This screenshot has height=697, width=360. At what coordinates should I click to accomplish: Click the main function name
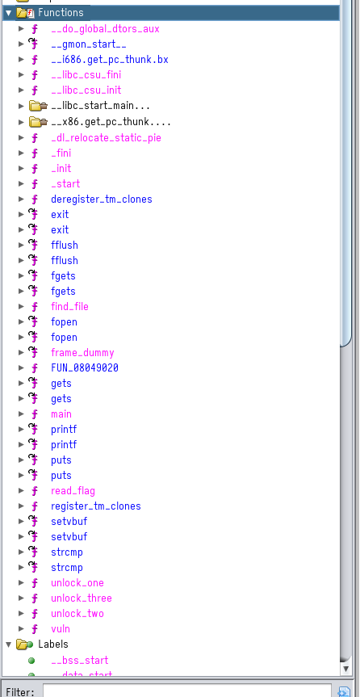click(x=61, y=414)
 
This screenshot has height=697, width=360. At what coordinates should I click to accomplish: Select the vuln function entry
click(x=61, y=628)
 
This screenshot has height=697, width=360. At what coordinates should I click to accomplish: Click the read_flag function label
click(x=73, y=491)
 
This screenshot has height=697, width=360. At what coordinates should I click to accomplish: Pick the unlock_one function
click(x=77, y=583)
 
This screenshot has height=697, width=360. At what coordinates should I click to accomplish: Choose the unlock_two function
click(x=77, y=614)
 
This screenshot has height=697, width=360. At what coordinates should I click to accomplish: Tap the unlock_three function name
click(x=82, y=598)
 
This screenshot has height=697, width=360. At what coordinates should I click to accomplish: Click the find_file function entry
click(x=69, y=306)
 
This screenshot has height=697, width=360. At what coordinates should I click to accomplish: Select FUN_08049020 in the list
click(x=85, y=367)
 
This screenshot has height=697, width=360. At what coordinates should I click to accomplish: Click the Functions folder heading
click(x=61, y=12)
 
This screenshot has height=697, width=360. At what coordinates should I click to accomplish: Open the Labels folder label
click(x=53, y=644)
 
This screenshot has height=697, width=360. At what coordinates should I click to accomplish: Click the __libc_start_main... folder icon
click(x=38, y=106)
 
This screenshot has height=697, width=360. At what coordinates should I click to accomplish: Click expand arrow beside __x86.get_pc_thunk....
click(x=21, y=121)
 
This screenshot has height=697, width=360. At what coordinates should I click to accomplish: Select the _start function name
click(x=65, y=183)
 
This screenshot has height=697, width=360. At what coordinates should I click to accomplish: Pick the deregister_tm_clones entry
click(x=102, y=199)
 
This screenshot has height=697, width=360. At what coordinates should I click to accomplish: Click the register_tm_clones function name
click(x=96, y=506)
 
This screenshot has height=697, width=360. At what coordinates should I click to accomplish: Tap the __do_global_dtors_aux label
click(x=105, y=29)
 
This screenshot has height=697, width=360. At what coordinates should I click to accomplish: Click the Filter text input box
click(x=187, y=691)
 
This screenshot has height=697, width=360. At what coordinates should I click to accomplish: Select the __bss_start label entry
click(x=80, y=660)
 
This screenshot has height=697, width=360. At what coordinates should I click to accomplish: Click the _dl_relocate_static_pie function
click(x=107, y=138)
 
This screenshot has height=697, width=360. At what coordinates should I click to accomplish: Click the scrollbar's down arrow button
click(x=346, y=668)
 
